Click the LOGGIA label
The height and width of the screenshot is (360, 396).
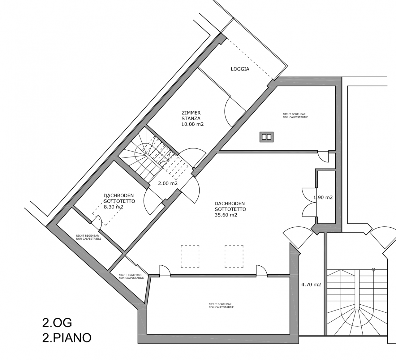click(240, 69)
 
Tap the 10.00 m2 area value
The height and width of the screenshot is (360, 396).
click(192, 124)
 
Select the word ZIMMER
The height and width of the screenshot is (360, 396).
click(191, 113)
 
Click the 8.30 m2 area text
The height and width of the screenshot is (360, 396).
click(114, 207)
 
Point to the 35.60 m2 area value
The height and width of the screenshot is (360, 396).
click(226, 215)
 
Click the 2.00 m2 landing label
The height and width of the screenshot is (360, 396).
click(168, 183)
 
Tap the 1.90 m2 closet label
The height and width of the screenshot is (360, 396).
click(323, 197)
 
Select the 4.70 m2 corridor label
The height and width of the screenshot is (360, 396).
click(311, 285)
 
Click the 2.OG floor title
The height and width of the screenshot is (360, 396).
click(57, 328)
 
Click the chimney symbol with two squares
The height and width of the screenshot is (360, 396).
click(266, 137)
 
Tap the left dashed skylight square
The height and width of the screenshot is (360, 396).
click(190, 256)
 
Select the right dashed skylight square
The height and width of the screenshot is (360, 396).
click(234, 256)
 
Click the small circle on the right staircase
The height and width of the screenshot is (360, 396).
click(373, 270)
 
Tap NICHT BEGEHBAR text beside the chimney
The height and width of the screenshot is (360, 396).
click(294, 114)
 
